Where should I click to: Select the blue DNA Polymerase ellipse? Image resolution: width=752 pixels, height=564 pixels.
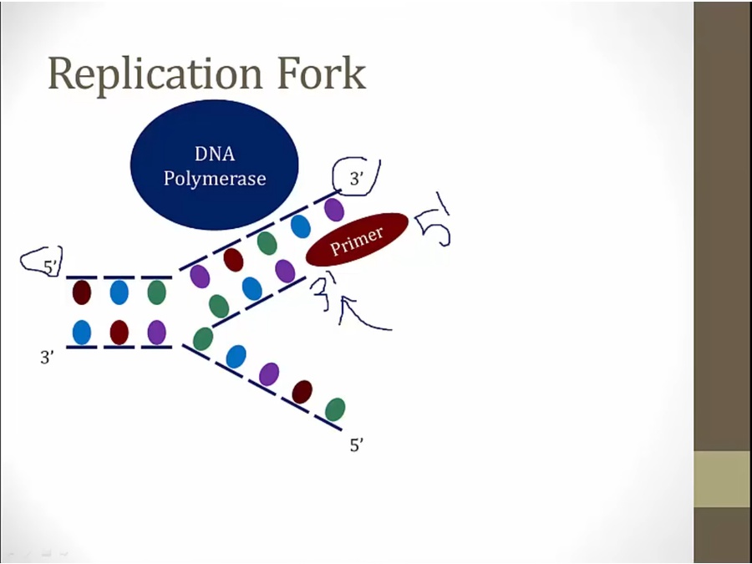(214, 165)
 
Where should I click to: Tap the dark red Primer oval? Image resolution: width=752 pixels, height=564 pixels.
(357, 240)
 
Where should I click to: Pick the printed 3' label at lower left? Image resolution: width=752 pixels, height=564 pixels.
(48, 358)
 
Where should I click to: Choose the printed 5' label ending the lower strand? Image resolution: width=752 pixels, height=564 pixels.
(357, 446)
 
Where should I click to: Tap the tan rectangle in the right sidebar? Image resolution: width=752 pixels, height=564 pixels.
(722, 479)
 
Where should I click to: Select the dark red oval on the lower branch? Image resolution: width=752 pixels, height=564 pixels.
(302, 391)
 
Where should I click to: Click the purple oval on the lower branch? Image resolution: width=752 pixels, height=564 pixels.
(268, 373)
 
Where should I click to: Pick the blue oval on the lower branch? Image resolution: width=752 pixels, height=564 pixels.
(236, 356)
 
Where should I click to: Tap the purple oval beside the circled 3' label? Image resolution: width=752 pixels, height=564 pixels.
(334, 210)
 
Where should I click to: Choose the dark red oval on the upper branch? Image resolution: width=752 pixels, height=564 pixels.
(233, 260)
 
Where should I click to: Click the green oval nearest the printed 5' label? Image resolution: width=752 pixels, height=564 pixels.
(335, 409)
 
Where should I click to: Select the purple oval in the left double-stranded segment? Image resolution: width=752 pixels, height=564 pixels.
(156, 332)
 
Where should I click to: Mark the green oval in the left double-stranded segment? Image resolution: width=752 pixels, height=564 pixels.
(156, 292)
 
